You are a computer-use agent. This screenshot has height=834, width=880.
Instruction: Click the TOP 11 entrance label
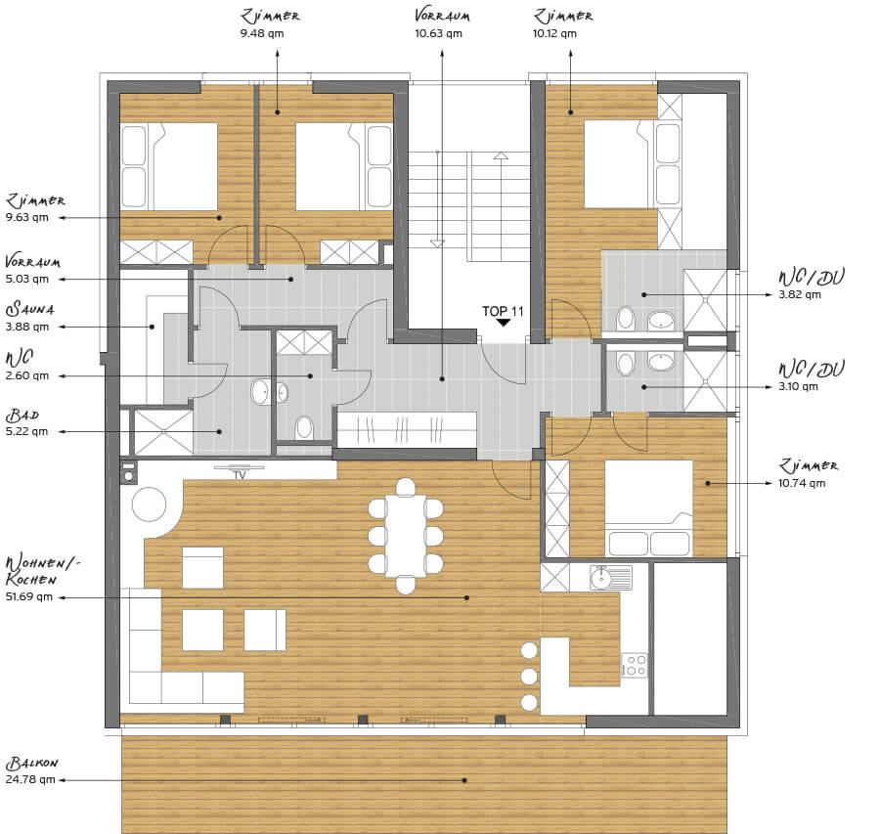pos(503,311)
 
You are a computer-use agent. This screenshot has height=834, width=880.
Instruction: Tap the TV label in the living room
pos(240,475)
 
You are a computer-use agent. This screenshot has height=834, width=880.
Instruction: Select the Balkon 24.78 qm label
pos(32,770)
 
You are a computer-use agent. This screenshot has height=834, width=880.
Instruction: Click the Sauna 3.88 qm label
pos(29,317)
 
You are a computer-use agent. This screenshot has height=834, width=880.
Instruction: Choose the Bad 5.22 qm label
pos(26,422)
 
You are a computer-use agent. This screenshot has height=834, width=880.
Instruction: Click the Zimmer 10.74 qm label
pos(808,473)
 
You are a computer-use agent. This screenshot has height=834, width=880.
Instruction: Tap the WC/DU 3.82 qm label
pos(811,285)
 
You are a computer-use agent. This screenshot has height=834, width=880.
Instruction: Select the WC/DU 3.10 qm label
pos(811,376)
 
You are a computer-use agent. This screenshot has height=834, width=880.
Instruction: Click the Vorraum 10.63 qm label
pos(442,23)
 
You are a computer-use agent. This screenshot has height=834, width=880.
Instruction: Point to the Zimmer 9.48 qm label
pos(270,23)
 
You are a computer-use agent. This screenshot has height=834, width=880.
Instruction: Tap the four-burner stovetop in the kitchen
pos(635,665)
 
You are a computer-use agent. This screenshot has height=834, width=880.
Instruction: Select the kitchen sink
pos(610,578)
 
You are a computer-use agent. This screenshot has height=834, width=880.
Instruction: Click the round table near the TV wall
pos(149,505)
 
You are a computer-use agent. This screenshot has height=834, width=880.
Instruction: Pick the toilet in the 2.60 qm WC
pos(304,427)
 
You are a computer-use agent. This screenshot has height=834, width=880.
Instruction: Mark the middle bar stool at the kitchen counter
pos(529,677)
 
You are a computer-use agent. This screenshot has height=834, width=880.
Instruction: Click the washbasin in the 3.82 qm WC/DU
pos(661,321)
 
